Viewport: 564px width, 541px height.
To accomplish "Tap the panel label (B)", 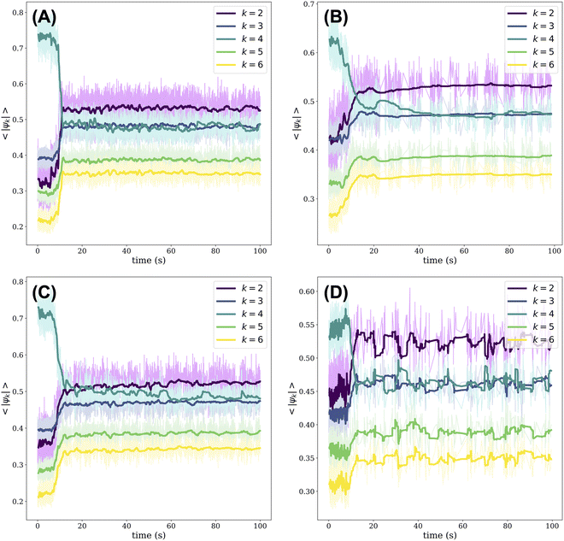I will coord(335,17).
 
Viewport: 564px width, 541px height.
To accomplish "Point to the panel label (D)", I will coord(335,293).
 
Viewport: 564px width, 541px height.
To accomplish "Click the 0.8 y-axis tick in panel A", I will coord(19,7).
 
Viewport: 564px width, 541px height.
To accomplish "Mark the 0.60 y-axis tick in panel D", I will coord(303,292).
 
